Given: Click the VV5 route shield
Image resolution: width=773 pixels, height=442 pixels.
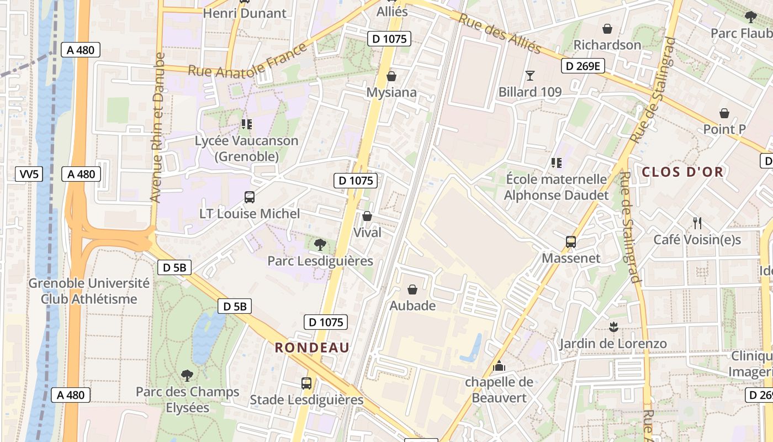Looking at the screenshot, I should point(29,174).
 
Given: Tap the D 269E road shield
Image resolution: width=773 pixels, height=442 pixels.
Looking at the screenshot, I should point(583,66).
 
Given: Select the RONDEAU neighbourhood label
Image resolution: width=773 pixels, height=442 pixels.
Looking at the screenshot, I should point(312,348).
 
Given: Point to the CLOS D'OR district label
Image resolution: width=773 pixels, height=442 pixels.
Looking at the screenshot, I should point(682,172).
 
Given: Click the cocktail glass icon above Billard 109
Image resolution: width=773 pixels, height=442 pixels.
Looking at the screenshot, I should point(530,76).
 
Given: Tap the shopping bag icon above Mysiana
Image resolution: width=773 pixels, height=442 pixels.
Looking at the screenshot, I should point(391,76).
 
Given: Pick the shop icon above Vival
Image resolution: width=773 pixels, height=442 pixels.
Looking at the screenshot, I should point(367,216).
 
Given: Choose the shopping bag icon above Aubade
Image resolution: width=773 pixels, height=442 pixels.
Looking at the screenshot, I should point(412,289).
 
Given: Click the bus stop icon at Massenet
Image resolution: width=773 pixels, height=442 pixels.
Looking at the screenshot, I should point(571,241).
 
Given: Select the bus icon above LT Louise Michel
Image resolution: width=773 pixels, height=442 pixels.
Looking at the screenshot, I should point(250,197).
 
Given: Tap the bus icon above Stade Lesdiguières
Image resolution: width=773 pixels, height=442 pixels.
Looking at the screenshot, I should point(306,383).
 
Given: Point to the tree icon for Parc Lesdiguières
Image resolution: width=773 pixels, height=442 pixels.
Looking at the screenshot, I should point(320,244).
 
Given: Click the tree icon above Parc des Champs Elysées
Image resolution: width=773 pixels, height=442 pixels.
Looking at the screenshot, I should point(187,376).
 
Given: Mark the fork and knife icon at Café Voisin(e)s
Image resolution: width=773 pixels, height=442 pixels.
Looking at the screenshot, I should point(697,223).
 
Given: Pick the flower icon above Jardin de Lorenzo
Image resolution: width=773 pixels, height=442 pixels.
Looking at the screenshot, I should point(613,327).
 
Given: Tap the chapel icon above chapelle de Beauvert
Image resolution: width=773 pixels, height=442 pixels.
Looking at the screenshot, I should point(499,365).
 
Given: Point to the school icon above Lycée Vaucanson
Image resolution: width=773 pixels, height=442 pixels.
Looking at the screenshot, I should point(246,124).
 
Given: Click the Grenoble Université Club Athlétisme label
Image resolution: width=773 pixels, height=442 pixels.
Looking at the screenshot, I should point(89,291).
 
